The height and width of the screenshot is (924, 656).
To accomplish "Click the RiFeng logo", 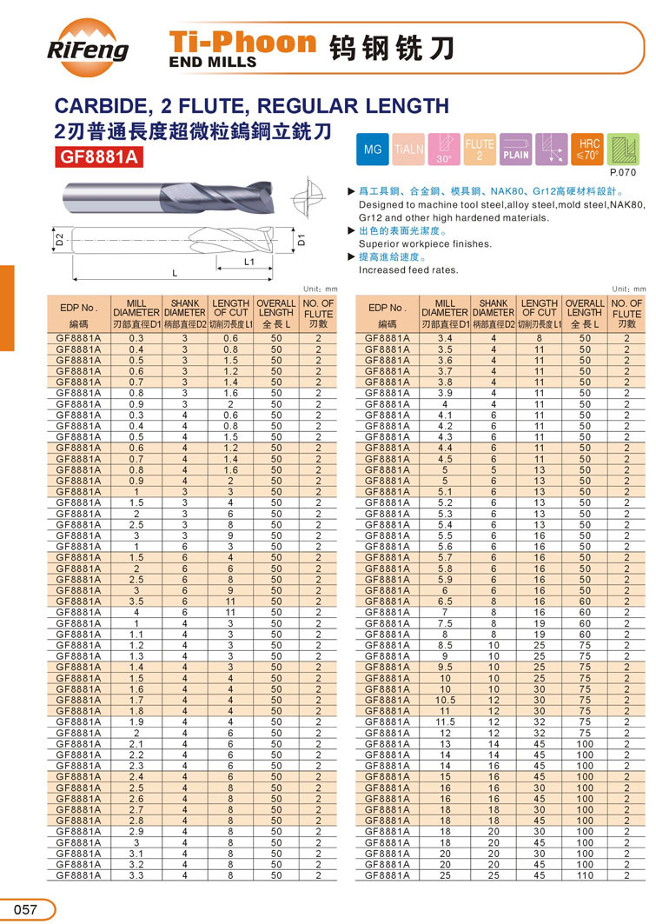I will click(x=88, y=49).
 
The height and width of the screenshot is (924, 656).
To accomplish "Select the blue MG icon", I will click(x=373, y=150).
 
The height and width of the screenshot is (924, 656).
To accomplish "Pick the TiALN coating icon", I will click(x=409, y=150).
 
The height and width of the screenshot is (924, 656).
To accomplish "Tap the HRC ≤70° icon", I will click(x=588, y=150).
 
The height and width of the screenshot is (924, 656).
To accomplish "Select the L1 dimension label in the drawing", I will click(x=248, y=261).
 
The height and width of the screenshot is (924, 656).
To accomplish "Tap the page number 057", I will click(x=24, y=909).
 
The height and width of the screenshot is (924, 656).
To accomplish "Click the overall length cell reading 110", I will click(x=584, y=875).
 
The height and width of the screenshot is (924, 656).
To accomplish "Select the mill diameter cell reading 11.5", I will click(x=445, y=721).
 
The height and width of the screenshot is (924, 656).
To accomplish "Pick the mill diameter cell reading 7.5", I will click(x=445, y=622).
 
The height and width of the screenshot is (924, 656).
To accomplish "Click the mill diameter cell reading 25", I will click(x=445, y=875).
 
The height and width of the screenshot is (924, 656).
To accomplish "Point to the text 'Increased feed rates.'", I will click(x=408, y=270).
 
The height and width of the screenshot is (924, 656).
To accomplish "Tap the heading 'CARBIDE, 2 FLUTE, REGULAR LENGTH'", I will click(x=252, y=106).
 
